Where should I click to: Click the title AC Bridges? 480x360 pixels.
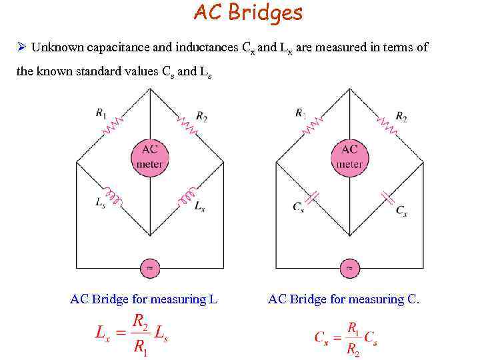click(x=247, y=13)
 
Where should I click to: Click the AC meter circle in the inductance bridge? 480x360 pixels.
click(x=149, y=157)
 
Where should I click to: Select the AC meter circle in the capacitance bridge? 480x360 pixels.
click(x=349, y=157)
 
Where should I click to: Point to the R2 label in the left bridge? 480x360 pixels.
click(x=201, y=118)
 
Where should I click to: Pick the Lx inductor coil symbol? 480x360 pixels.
click(x=185, y=196)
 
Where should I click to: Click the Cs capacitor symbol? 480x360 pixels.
click(x=313, y=197)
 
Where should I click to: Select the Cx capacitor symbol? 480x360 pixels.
click(x=387, y=197)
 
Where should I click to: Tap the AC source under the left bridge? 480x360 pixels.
click(x=149, y=268)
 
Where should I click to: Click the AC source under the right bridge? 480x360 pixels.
click(x=349, y=268)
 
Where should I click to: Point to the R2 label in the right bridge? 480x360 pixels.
click(x=401, y=117)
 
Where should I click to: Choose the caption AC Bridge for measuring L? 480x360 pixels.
click(x=144, y=299)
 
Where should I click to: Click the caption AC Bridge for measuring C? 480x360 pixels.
click(x=344, y=299)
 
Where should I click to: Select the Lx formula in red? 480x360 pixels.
click(x=132, y=333)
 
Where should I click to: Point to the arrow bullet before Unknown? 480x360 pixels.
click(x=21, y=47)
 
